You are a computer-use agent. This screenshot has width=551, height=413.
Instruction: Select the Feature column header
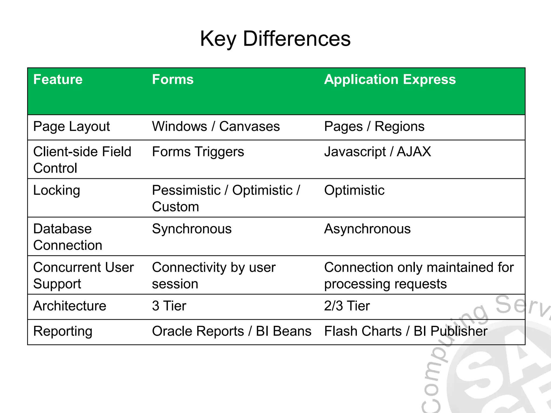point(58,80)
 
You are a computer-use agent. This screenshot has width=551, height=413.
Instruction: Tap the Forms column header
point(173,80)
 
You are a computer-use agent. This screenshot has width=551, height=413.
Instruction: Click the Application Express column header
point(390,80)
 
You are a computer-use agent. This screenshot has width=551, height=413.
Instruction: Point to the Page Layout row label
point(72,127)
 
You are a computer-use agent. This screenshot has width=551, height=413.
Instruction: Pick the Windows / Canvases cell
point(216,127)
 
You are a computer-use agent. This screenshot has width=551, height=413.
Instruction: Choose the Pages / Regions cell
point(374,127)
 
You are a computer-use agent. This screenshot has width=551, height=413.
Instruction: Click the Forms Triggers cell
point(198,152)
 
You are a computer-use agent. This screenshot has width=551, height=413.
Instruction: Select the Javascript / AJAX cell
point(377,152)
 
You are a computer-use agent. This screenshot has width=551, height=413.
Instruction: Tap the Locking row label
point(56,191)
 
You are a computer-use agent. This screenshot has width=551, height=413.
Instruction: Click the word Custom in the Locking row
point(175,207)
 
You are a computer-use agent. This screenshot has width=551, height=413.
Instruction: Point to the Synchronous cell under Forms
point(192,229)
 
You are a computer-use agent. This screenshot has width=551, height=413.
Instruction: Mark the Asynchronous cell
point(367,229)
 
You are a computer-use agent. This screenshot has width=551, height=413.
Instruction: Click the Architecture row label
point(70,306)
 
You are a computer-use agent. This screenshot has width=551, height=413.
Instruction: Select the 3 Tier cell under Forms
point(169,306)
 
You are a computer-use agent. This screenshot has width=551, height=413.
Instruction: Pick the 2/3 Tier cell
point(347,306)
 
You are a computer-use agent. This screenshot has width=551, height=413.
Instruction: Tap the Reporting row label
point(63,331)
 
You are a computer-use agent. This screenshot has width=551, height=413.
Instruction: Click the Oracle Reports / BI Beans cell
point(232,331)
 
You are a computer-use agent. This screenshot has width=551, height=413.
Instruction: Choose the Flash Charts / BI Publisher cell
point(406,331)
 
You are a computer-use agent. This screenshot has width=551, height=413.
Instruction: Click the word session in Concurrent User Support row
point(175,284)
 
